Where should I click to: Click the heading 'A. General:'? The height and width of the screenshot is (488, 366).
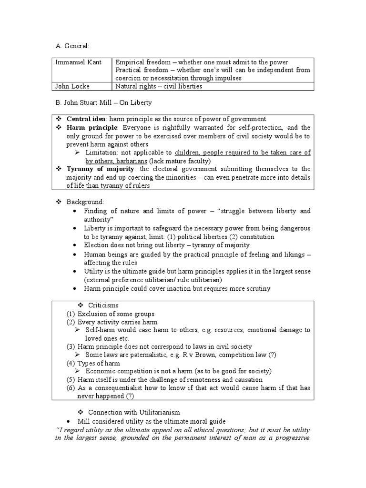point(72,46)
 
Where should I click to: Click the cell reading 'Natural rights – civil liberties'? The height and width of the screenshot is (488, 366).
point(159,86)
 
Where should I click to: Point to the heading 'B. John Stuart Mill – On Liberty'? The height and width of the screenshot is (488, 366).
point(104,102)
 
